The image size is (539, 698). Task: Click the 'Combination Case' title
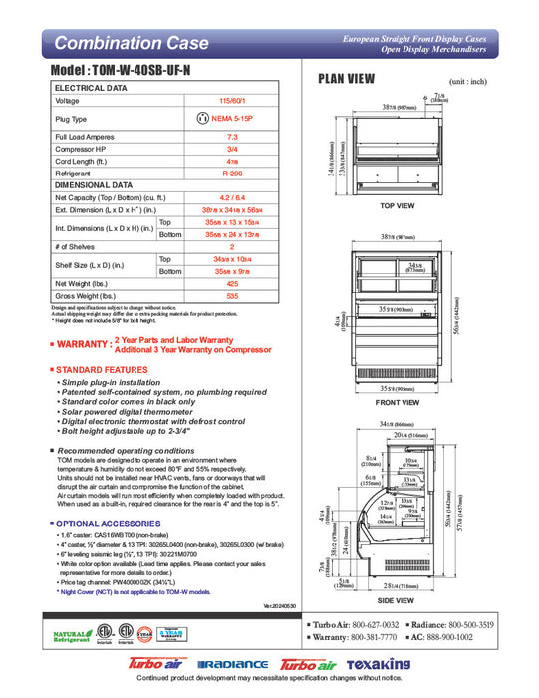tap(131, 43)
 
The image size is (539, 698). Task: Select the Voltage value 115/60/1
tap(232, 101)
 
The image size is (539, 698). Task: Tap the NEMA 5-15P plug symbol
tap(205, 118)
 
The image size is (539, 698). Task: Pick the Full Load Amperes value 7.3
tap(232, 136)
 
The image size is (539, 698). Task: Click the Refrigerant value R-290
tap(232, 173)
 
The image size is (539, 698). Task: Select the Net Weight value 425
tap(232, 283)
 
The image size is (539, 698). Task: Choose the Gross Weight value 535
tap(232, 296)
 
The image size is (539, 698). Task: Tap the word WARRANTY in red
tap(83, 344)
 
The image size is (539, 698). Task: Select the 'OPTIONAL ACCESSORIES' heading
tap(105, 523)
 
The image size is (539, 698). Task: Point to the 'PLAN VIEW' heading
tap(346, 79)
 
